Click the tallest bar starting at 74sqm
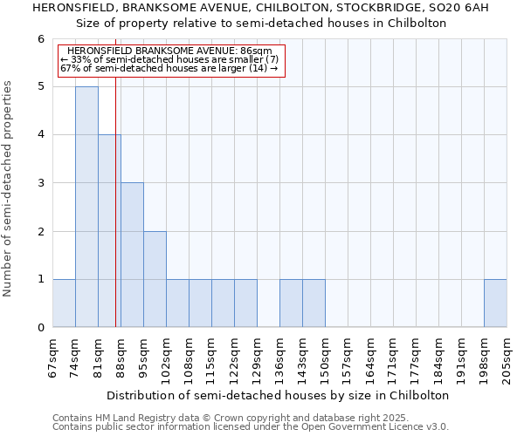tap(86, 207)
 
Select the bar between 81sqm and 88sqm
tap(109, 231)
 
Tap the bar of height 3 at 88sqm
tap(132, 255)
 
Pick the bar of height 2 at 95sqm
tap(155, 279)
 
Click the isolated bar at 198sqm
tap(495, 303)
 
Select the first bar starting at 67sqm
tap(64, 303)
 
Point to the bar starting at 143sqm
tap(314, 303)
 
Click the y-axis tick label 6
tap(40, 39)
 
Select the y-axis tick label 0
tap(40, 328)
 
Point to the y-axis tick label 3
tap(40, 183)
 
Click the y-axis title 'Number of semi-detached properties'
tap(9, 188)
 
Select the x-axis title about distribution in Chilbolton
tap(279, 395)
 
